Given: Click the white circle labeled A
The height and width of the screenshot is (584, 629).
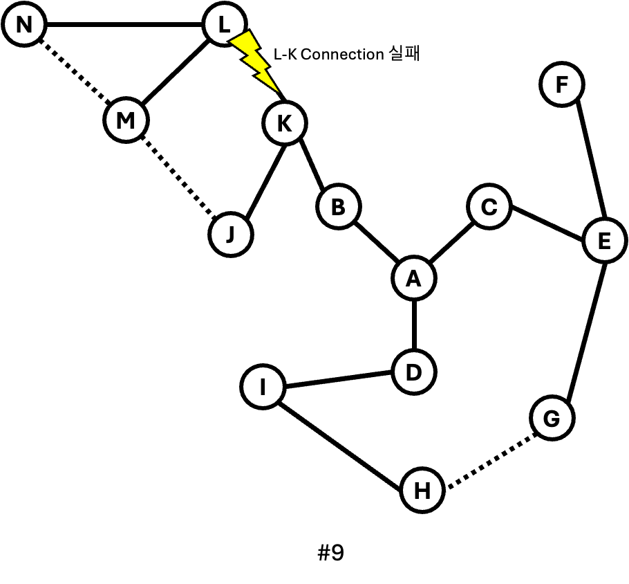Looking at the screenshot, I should (414, 278).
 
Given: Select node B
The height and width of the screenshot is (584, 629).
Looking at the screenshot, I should (339, 206).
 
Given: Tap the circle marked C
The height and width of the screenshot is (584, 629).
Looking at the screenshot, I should (489, 206).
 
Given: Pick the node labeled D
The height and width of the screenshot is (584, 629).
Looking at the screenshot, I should (414, 372).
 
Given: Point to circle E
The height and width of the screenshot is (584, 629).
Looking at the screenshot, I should (605, 241).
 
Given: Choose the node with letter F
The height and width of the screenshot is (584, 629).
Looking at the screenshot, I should (562, 84).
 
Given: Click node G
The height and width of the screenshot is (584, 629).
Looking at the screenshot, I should (552, 418).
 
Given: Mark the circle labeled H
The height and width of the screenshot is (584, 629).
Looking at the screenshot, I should (422, 490).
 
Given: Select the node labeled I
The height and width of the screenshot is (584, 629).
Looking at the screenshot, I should (263, 387).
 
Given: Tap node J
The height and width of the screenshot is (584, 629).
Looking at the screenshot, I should (231, 235).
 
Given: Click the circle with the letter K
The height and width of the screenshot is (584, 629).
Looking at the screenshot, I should (285, 123).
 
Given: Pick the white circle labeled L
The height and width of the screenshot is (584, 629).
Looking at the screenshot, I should (225, 24).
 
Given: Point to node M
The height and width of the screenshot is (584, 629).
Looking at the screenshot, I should (126, 120).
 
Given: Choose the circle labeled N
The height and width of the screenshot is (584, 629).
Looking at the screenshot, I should (24, 24).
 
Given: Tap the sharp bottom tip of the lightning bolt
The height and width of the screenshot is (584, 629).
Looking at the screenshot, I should (278, 91).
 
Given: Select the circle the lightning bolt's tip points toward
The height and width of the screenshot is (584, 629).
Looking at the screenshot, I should (285, 123).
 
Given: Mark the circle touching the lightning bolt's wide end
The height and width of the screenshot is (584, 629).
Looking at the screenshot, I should (225, 24).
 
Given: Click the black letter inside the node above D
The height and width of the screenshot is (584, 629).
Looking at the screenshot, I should (413, 278).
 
